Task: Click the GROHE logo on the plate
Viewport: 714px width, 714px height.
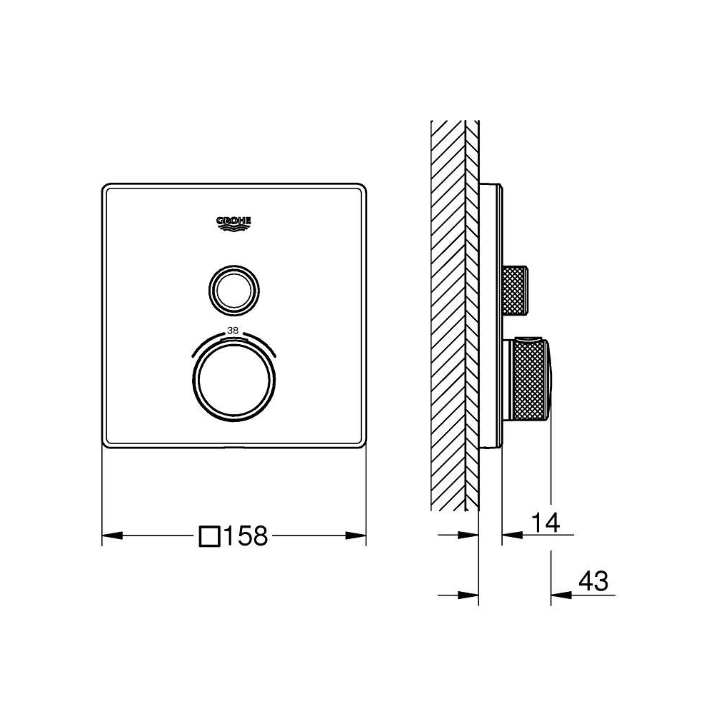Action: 233,223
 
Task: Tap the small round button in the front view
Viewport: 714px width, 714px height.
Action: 234,290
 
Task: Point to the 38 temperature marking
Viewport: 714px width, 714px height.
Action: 233,331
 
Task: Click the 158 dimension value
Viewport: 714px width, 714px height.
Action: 246,536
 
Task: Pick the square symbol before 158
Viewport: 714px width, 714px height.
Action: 210,536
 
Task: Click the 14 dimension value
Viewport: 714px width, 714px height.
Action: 545,523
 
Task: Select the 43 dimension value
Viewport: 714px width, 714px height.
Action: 594,580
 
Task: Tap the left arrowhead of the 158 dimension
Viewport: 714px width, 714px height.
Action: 112,535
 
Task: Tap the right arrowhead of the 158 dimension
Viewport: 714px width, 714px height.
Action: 356,535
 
